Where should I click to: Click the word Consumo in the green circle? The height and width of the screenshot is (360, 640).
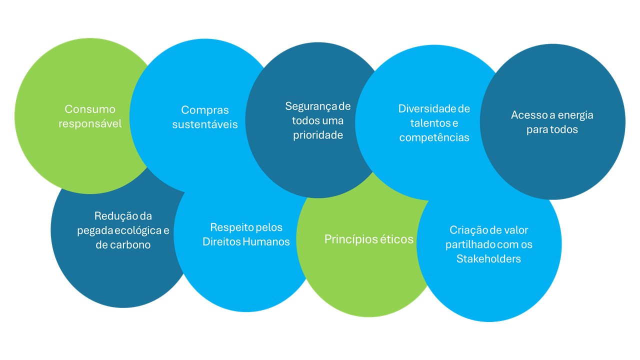click(x=90, y=109)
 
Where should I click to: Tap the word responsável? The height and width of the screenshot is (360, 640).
click(x=90, y=123)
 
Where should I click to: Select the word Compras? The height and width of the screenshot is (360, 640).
click(x=205, y=110)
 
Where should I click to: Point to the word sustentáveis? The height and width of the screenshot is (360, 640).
click(x=205, y=124)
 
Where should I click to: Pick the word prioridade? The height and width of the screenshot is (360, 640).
click(x=318, y=135)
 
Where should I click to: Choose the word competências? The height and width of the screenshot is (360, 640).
click(x=434, y=137)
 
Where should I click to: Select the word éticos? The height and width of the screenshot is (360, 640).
click(x=396, y=239)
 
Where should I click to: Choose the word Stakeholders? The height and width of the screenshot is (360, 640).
click(x=488, y=259)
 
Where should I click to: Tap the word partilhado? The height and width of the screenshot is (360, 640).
click(x=470, y=244)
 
